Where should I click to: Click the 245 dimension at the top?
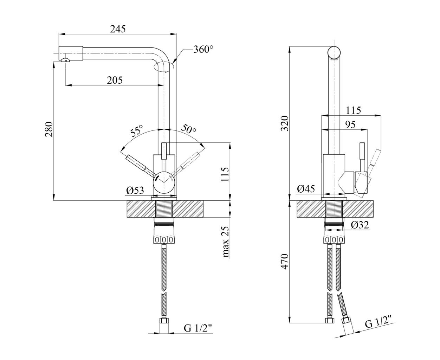118,29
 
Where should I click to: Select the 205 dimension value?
115,80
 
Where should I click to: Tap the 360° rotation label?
203,50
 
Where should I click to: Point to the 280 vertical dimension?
49,129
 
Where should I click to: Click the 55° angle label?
137,130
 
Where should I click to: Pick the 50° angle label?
188,129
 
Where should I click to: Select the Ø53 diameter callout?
135,190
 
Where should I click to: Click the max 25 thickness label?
226,242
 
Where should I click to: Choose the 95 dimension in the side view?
350,124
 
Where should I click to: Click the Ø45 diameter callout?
306,189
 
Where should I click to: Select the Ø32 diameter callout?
360,225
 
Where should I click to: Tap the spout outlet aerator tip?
66,60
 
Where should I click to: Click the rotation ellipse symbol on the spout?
163,67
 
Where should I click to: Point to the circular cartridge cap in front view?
164,182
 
